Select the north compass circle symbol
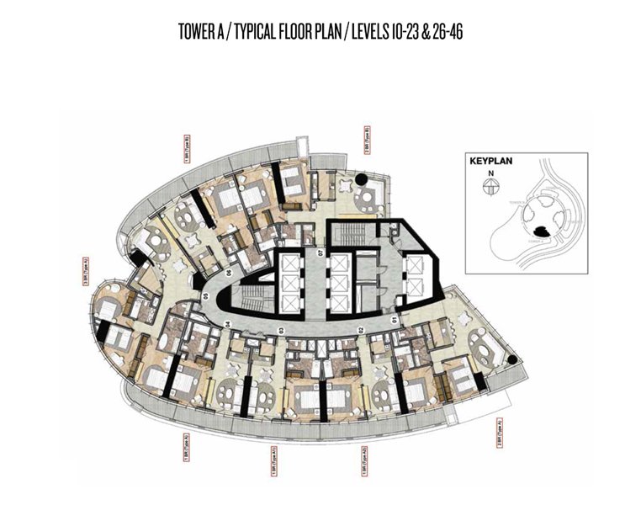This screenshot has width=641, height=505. tap(487, 189)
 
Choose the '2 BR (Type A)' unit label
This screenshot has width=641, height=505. tap(497, 434)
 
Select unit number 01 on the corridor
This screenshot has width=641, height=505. tap(396, 321)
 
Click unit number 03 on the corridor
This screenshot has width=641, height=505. tap(281, 329)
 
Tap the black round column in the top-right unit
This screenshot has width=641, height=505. tap(360, 178)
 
